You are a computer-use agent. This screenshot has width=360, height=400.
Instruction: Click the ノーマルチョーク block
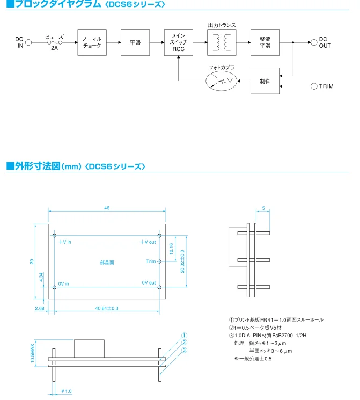(x=92, y=42)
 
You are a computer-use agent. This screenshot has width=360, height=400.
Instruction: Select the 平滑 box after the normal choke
(x=135, y=42)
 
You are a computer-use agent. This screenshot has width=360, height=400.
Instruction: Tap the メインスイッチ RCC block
(x=179, y=42)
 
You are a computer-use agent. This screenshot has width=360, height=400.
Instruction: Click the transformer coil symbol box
(x=222, y=42)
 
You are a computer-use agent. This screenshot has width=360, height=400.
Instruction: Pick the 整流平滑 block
(x=265, y=42)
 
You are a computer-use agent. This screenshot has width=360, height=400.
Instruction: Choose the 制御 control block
(x=265, y=81)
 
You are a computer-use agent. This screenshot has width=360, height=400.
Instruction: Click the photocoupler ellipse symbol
(x=221, y=81)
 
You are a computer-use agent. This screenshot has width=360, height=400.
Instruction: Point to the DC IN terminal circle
(x=28, y=42)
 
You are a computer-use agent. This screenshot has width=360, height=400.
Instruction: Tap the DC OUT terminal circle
(x=314, y=42)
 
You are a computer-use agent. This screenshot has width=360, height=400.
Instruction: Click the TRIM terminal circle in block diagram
(x=314, y=86)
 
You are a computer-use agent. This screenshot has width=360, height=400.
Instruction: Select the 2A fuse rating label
(x=54, y=48)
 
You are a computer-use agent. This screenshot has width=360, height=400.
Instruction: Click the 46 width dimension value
(x=107, y=208)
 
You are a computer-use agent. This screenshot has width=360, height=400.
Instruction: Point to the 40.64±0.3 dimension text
(x=107, y=308)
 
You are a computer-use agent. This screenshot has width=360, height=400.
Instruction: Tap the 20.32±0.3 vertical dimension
(x=182, y=261)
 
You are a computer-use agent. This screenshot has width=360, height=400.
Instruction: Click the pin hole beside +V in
(x=54, y=236)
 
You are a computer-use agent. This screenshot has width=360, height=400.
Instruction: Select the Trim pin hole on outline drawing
(x=159, y=261)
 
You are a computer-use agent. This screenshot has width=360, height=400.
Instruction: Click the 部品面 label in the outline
(x=107, y=263)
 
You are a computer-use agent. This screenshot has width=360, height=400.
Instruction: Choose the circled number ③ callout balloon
(x=184, y=350)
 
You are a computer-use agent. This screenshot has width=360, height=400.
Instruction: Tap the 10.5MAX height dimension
(x=32, y=353)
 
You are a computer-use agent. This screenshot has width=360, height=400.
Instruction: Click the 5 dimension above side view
(x=263, y=208)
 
